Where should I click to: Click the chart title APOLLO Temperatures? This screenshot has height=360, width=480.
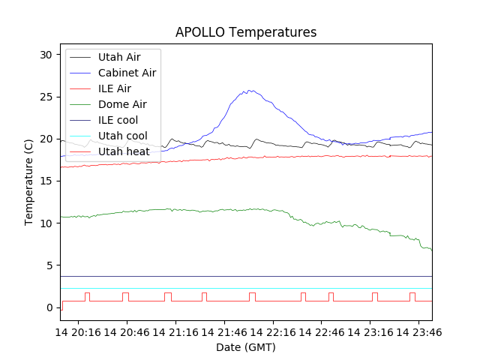click(x=246, y=32)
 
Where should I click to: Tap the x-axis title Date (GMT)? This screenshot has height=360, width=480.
click(x=246, y=347)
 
